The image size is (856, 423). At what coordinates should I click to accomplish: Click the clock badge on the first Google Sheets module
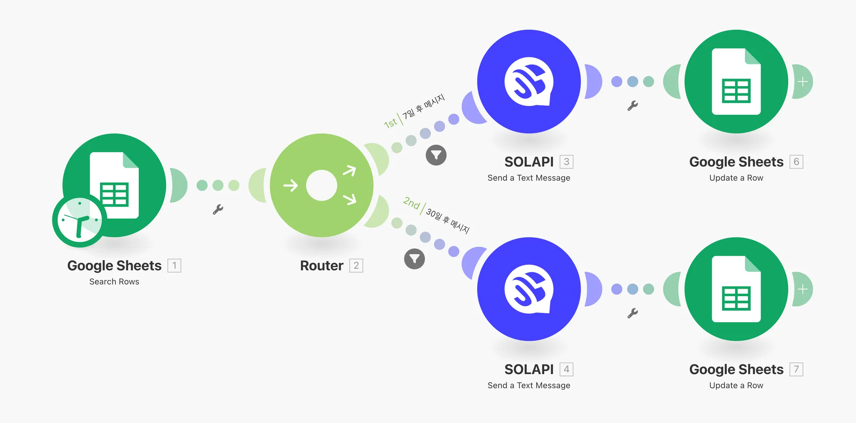click(79, 220)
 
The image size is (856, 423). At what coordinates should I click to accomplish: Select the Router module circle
click(321, 185)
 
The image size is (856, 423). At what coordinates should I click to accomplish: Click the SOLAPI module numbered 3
click(529, 82)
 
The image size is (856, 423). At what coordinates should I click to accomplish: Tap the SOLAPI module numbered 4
click(529, 289)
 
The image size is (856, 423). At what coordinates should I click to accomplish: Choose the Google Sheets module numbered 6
click(736, 82)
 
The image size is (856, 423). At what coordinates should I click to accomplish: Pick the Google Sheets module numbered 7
click(736, 289)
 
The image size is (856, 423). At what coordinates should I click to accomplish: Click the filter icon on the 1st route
click(436, 155)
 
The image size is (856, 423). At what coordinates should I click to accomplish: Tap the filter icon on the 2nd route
click(414, 259)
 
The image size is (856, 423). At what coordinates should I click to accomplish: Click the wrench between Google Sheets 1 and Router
click(218, 209)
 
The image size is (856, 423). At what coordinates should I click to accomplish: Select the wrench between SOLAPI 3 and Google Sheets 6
click(632, 105)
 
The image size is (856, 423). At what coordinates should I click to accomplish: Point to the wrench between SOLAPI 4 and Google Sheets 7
click(632, 313)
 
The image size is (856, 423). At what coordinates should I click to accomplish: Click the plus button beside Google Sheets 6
click(802, 82)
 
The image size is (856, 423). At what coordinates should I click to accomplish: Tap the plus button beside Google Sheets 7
click(802, 289)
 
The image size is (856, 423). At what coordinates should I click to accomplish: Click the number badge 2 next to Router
click(356, 266)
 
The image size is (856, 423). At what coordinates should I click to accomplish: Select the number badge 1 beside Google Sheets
click(174, 266)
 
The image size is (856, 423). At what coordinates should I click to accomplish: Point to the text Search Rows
click(114, 282)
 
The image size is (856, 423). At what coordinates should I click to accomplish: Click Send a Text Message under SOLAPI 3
click(529, 178)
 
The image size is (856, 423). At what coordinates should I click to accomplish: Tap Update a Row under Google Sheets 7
click(736, 385)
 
